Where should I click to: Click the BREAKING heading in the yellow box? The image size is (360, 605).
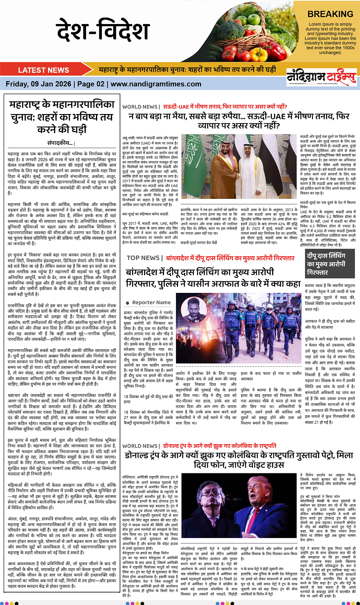330,14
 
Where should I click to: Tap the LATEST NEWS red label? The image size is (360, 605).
44,70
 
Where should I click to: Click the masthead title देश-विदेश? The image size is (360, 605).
103,31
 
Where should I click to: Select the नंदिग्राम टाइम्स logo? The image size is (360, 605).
321,77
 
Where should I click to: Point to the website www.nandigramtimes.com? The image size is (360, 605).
156,84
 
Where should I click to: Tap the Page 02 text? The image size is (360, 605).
91,84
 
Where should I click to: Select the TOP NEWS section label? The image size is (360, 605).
143,258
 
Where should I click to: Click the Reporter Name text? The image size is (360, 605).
151,302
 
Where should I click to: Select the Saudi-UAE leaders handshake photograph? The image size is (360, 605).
238,166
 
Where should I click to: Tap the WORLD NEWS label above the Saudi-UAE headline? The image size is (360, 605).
140,107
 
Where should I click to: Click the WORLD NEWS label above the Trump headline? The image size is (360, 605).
140,446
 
